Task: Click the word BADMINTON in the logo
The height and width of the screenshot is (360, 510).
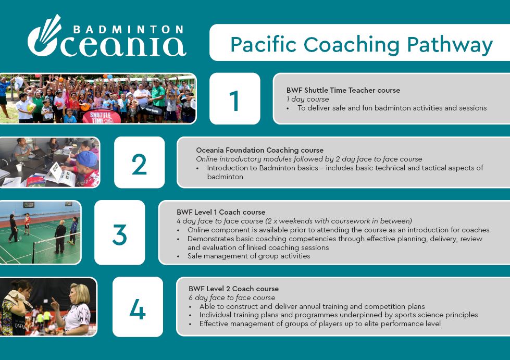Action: (x=128, y=30)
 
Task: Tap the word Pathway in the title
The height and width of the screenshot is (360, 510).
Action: (x=450, y=45)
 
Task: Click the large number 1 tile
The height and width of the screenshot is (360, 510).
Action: (x=235, y=98)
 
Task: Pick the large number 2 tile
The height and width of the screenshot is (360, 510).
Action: (x=140, y=162)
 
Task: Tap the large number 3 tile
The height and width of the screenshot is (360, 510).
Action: (x=120, y=232)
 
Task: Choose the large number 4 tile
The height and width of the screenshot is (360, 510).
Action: (x=138, y=307)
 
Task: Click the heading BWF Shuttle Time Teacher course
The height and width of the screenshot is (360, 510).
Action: (x=343, y=91)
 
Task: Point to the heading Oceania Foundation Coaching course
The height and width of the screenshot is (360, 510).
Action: (x=259, y=150)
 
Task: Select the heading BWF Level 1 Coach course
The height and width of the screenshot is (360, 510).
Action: (x=221, y=213)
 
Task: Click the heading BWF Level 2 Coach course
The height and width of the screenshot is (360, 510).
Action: (x=233, y=289)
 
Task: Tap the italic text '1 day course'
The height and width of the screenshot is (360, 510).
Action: (x=308, y=99)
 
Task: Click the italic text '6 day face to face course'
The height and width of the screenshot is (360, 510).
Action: (x=232, y=297)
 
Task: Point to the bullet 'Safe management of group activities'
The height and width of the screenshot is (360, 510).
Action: (x=249, y=256)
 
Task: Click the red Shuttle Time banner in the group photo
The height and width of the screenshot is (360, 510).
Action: (x=101, y=116)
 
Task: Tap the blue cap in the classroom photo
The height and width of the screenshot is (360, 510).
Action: (x=87, y=159)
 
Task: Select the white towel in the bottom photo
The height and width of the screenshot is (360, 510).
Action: (x=19, y=299)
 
